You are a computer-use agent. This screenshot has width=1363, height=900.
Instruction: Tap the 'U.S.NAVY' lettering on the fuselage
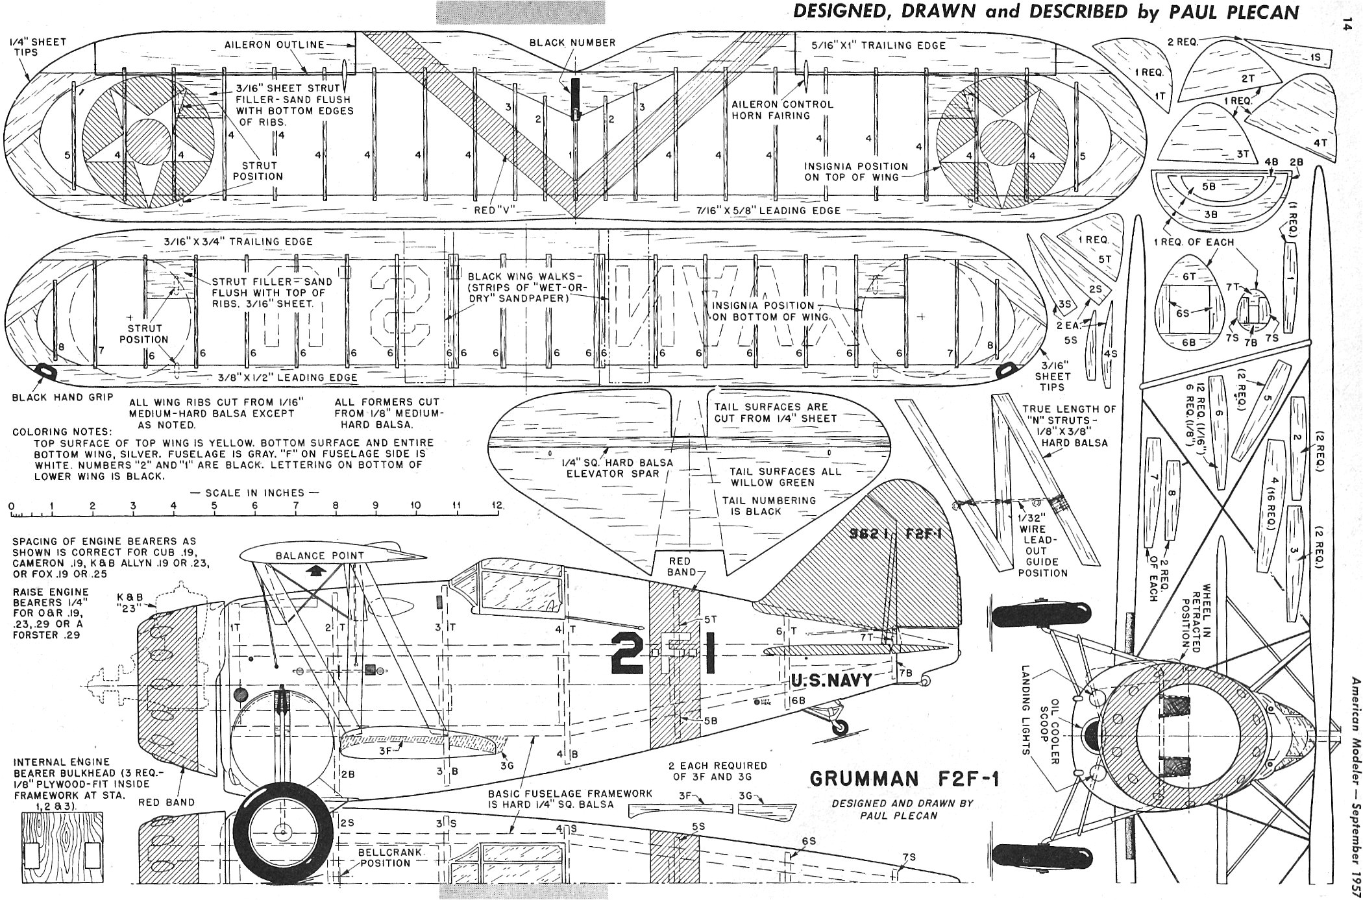[x=831, y=681]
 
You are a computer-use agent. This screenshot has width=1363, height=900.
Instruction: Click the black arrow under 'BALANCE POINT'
[x=316, y=570]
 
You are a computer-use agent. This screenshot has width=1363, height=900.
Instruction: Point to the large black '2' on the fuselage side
[x=628, y=653]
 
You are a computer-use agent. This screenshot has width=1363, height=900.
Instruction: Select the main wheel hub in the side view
[x=282, y=833]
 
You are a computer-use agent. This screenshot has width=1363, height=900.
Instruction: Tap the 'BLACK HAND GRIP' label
[x=62, y=398]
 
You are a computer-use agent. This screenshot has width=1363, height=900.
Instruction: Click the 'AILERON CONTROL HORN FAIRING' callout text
[x=782, y=110]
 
